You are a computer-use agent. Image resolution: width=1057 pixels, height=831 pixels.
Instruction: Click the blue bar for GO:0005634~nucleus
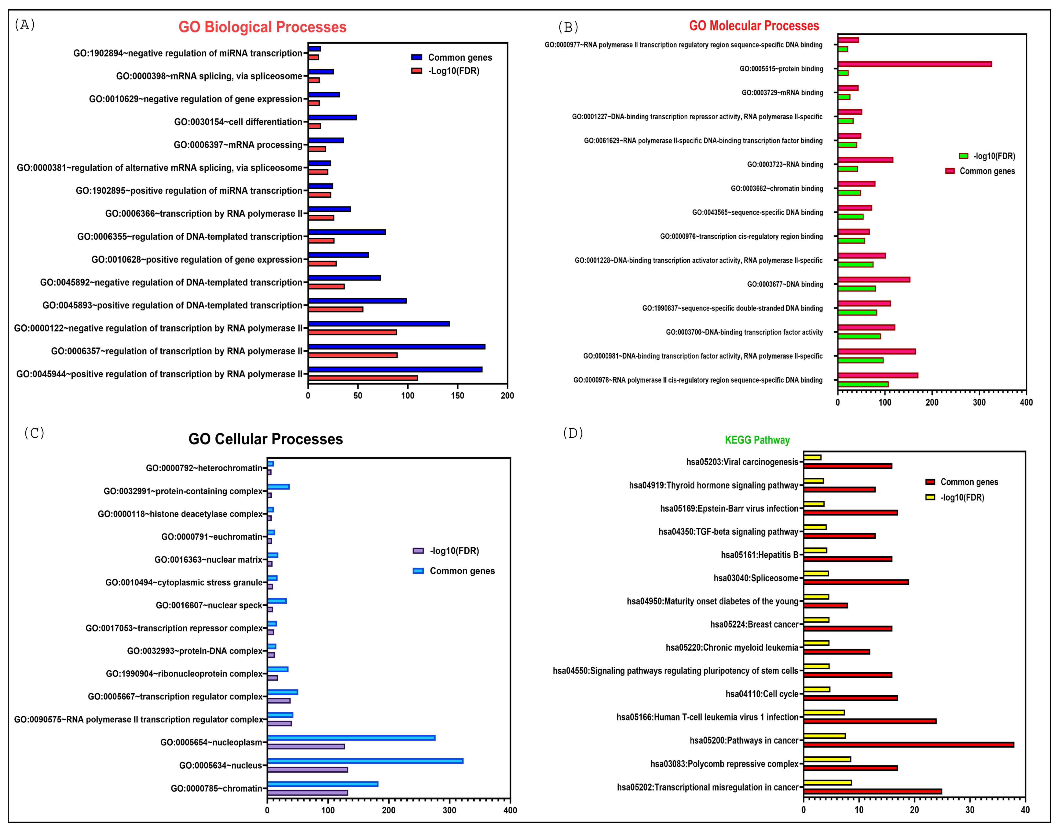coord(365,761)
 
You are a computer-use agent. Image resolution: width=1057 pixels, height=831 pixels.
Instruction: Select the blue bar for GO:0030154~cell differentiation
coord(332,117)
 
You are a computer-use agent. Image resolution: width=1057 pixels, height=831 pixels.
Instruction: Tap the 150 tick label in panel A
coord(457,396)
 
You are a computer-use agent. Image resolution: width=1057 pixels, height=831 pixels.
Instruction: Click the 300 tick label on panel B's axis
coord(979,402)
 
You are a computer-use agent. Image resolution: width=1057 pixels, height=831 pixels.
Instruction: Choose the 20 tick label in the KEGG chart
coord(914,810)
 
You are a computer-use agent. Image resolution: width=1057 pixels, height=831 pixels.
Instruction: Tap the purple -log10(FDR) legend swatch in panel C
coord(418,551)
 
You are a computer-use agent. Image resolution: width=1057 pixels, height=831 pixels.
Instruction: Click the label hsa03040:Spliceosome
coord(756,578)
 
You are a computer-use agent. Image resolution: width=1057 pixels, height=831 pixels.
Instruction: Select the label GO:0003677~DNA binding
coord(785,284)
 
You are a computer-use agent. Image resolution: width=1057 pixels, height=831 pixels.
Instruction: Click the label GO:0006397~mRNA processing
coord(238,145)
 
